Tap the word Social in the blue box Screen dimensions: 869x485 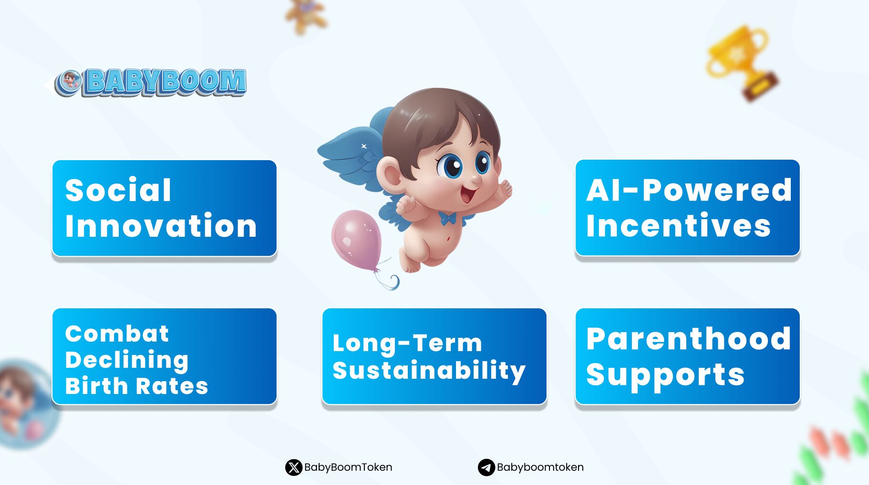[118, 190]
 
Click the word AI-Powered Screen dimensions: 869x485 [689, 190]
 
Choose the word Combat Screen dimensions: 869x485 [117, 333]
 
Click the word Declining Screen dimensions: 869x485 [127, 361]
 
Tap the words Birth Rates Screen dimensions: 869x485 [137, 386]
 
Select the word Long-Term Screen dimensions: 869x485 [407, 344]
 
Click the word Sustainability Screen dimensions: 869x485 [429, 371]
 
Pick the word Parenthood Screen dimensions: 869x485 [689, 339]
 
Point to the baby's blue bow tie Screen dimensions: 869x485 [447, 219]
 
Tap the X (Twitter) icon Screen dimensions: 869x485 [294, 467]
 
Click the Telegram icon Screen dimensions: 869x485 [486, 467]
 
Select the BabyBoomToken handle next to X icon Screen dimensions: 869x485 [348, 467]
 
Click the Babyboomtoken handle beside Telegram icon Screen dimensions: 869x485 [540, 467]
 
